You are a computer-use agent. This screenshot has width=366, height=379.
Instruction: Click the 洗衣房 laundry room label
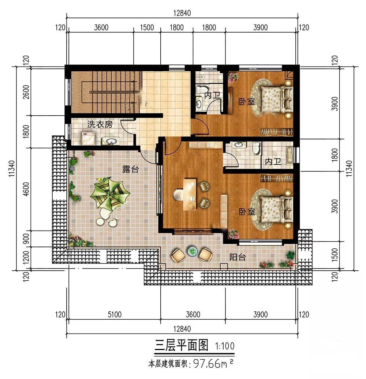[x=100, y=124]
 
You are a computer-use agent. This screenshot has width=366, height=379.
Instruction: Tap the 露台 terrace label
[x=130, y=169]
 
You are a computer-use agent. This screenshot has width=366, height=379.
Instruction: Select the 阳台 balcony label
[x=238, y=257]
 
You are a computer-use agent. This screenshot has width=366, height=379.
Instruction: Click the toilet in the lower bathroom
[x=256, y=148]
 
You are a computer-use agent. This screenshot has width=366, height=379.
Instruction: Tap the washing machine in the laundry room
[x=88, y=139]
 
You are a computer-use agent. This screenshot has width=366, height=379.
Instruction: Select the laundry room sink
[x=111, y=141]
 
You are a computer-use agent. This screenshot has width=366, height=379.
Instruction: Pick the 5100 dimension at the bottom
[x=115, y=315]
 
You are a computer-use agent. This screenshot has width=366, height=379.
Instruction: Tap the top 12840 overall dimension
[x=182, y=13]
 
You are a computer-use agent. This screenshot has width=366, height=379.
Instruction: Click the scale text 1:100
[x=225, y=346]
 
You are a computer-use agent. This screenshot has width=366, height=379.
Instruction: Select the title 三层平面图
[x=182, y=345]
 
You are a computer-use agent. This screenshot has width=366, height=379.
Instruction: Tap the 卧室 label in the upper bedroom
[x=247, y=102]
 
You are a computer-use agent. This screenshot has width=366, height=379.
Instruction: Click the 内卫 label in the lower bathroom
[x=273, y=162]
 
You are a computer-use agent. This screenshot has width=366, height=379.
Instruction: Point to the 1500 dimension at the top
[x=147, y=27]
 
